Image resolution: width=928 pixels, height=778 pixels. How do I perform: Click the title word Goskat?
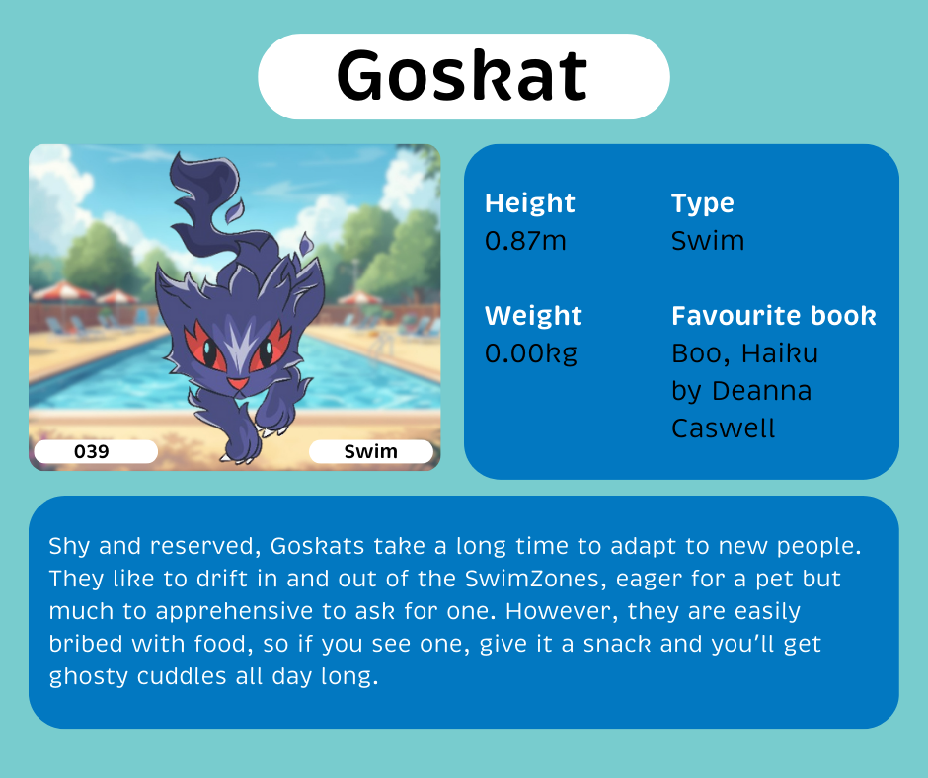click(463, 77)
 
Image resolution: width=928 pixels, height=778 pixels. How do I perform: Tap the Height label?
click(529, 203)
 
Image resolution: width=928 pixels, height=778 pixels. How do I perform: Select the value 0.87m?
click(525, 241)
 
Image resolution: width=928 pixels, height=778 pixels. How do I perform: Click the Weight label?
click(533, 316)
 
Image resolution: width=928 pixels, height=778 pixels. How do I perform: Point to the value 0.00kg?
click(531, 353)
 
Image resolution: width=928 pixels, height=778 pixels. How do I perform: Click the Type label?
click(703, 203)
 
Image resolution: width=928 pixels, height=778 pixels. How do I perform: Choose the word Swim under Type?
click(708, 241)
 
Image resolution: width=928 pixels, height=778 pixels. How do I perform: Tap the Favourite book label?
click(774, 316)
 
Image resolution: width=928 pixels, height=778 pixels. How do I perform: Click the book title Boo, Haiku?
click(744, 353)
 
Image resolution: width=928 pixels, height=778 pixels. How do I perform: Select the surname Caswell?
click(724, 428)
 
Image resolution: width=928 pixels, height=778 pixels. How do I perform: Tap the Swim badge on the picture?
click(371, 452)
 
